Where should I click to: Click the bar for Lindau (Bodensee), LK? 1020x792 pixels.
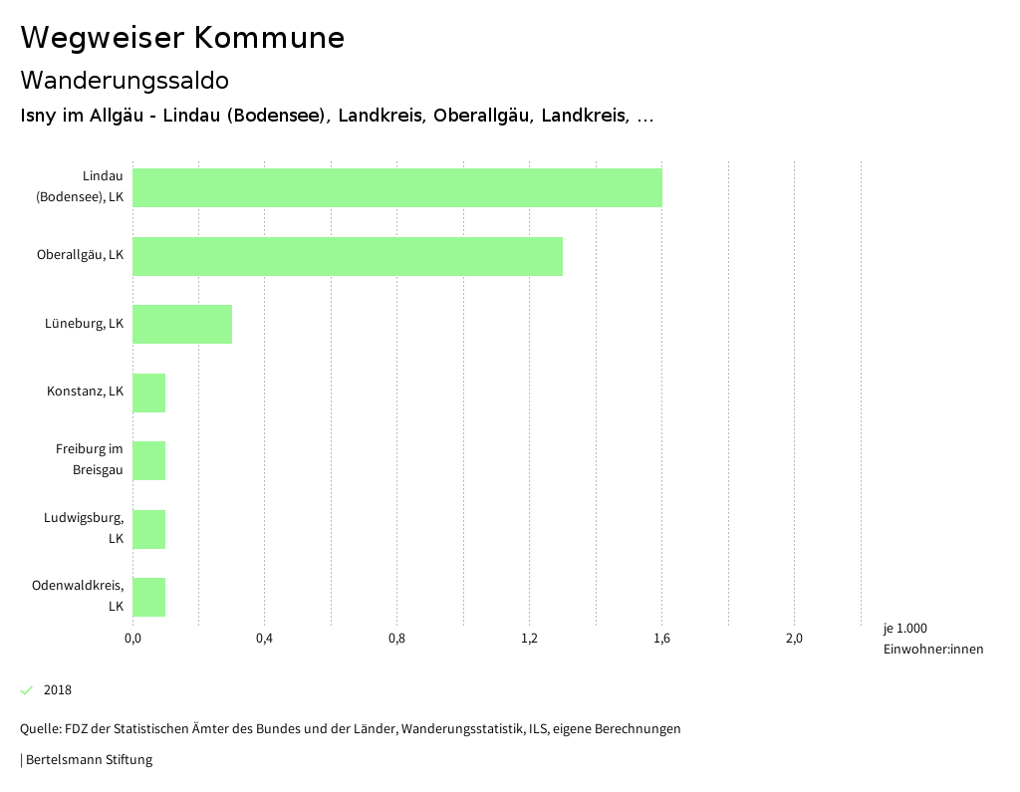(396, 187)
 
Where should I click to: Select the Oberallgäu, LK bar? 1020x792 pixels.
(347, 256)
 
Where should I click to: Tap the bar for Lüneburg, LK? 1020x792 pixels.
(182, 324)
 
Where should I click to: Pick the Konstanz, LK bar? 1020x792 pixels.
(148, 393)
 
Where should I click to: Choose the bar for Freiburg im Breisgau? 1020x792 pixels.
(148, 460)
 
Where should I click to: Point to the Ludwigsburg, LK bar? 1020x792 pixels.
(148, 529)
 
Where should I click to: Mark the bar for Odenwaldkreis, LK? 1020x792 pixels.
(148, 597)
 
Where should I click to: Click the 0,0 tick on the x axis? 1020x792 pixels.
(132, 639)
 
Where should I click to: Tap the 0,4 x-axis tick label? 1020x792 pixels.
(264, 639)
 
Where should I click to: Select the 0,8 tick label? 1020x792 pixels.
(396, 639)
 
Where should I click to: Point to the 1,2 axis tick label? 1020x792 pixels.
(529, 639)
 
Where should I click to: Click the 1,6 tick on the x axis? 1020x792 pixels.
(661, 639)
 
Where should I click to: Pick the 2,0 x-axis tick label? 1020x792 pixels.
(794, 639)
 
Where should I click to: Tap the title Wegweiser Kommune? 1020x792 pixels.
(182, 38)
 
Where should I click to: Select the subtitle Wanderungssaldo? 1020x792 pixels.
(125, 80)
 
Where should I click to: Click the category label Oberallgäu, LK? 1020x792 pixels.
(80, 255)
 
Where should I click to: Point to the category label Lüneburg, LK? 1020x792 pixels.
(84, 324)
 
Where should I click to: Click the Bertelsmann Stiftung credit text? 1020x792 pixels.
(88, 760)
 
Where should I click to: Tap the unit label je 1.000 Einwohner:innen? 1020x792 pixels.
(932, 639)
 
